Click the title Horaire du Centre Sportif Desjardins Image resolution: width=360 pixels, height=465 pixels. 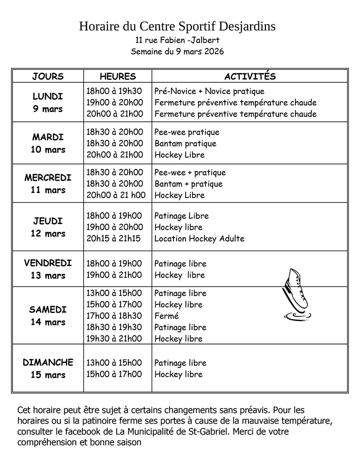177,27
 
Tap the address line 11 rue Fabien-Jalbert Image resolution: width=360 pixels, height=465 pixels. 177,41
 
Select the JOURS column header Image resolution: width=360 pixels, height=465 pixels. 48,77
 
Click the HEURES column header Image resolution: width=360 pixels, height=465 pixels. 118,77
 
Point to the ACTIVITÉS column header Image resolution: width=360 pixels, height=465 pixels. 250,77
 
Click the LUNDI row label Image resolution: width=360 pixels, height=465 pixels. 48,96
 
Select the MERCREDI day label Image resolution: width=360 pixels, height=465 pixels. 48,177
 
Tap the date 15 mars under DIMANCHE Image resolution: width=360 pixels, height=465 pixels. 48,375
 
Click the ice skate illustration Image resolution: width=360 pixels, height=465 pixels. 296,294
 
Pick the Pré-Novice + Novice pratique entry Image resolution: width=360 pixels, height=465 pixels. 209,91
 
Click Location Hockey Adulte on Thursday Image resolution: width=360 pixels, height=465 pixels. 199,239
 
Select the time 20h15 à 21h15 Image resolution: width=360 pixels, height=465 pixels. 114,239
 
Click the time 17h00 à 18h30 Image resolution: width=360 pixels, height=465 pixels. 114,316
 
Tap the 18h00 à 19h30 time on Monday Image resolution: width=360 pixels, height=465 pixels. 114,91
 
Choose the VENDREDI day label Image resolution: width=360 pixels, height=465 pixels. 48,263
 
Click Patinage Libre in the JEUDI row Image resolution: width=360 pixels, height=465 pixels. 181,216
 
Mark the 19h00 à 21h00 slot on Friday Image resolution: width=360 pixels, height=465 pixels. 114,275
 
